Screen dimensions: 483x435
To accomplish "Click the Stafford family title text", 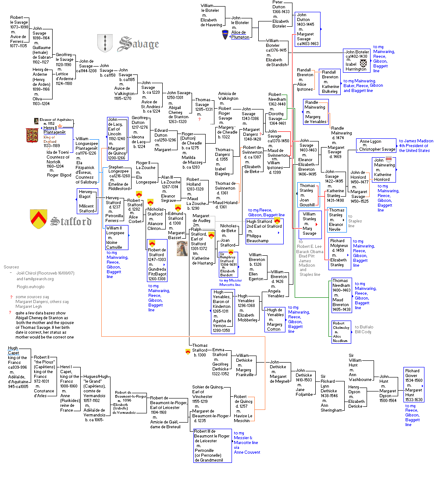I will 71,221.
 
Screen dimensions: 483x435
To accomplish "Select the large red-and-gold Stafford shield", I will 39,219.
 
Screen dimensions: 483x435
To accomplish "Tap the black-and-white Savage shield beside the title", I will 105,43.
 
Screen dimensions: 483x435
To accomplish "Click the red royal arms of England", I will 32,135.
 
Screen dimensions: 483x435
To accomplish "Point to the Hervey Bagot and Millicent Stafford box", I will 87,201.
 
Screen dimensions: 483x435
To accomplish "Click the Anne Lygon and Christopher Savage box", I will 377,145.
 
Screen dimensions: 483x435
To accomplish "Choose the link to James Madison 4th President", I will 416,145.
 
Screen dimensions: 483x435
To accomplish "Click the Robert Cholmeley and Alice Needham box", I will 341,332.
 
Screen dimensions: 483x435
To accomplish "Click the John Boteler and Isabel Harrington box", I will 357,60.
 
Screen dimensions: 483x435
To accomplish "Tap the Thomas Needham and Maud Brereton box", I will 341,295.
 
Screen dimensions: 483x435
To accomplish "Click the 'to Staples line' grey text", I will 355,221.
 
